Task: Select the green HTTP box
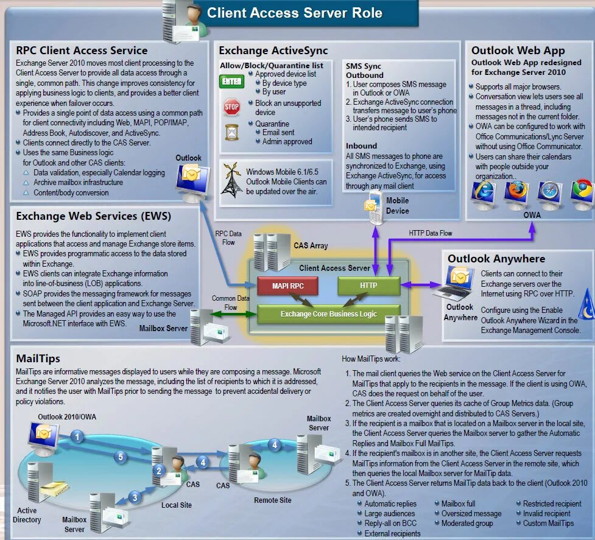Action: point(368,286)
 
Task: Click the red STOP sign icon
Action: point(231,107)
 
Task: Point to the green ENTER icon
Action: point(232,81)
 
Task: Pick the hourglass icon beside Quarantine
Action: point(231,133)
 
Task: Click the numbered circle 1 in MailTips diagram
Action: point(77,436)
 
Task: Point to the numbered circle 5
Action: point(121,457)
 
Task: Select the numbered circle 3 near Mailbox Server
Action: point(135,497)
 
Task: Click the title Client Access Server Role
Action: point(295,13)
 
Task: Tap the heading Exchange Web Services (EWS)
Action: point(93,216)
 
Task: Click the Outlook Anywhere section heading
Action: point(496,259)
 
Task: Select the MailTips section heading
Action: point(38,359)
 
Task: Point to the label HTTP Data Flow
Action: point(431,233)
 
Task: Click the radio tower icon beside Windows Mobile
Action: point(231,180)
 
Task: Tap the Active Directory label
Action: point(27,515)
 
